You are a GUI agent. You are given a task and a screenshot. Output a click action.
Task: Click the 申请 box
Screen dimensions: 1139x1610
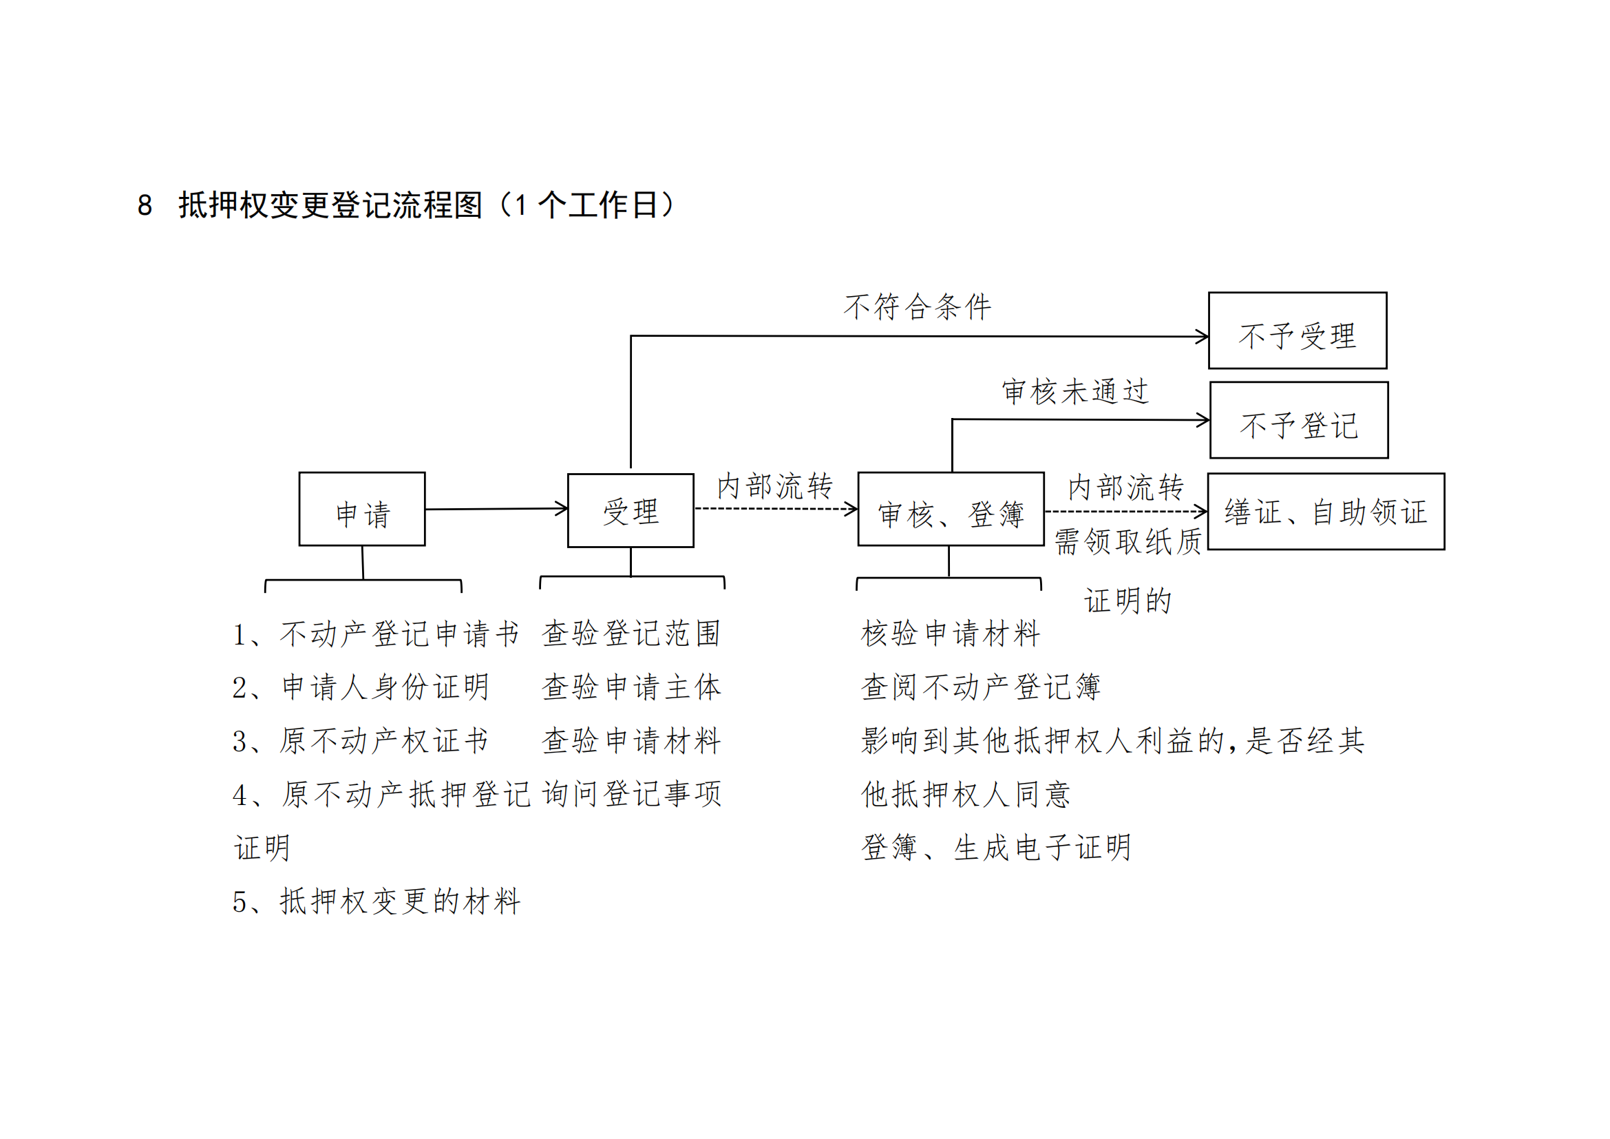(362, 509)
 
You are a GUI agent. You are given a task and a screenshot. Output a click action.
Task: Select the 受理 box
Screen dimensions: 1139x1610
(631, 510)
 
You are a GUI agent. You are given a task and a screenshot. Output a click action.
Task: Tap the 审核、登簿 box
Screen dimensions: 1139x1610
(951, 509)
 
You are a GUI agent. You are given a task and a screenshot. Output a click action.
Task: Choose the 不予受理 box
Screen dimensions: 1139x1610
(1297, 331)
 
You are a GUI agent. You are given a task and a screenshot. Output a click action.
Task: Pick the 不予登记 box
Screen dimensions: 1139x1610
(1299, 420)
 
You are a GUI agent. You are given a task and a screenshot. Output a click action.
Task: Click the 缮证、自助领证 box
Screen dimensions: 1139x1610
(1325, 511)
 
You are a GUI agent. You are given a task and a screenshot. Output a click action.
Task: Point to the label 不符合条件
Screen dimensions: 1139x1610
(917, 307)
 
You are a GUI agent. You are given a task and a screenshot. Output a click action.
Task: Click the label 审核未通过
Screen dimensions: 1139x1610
(1075, 391)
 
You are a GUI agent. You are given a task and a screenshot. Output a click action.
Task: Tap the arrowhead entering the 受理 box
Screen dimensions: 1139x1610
(562, 508)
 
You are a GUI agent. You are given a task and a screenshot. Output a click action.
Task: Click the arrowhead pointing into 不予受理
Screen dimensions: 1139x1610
(1203, 337)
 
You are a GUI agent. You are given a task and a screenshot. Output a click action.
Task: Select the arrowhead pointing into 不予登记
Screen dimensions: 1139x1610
(1205, 420)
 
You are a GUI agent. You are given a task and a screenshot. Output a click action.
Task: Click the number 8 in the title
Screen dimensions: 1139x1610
(145, 205)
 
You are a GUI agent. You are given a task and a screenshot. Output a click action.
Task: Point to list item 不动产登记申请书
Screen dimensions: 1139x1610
(400, 634)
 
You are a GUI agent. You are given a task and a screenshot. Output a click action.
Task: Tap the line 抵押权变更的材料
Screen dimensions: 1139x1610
(400, 902)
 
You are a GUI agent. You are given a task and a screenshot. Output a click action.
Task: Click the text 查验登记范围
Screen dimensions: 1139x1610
(631, 634)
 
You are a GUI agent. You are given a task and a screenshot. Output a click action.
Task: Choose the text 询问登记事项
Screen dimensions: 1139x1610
(631, 794)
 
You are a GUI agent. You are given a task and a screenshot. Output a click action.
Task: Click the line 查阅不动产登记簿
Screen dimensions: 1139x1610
(980, 687)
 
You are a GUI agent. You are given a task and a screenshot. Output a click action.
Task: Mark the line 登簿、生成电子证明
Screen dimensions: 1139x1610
(996, 848)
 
